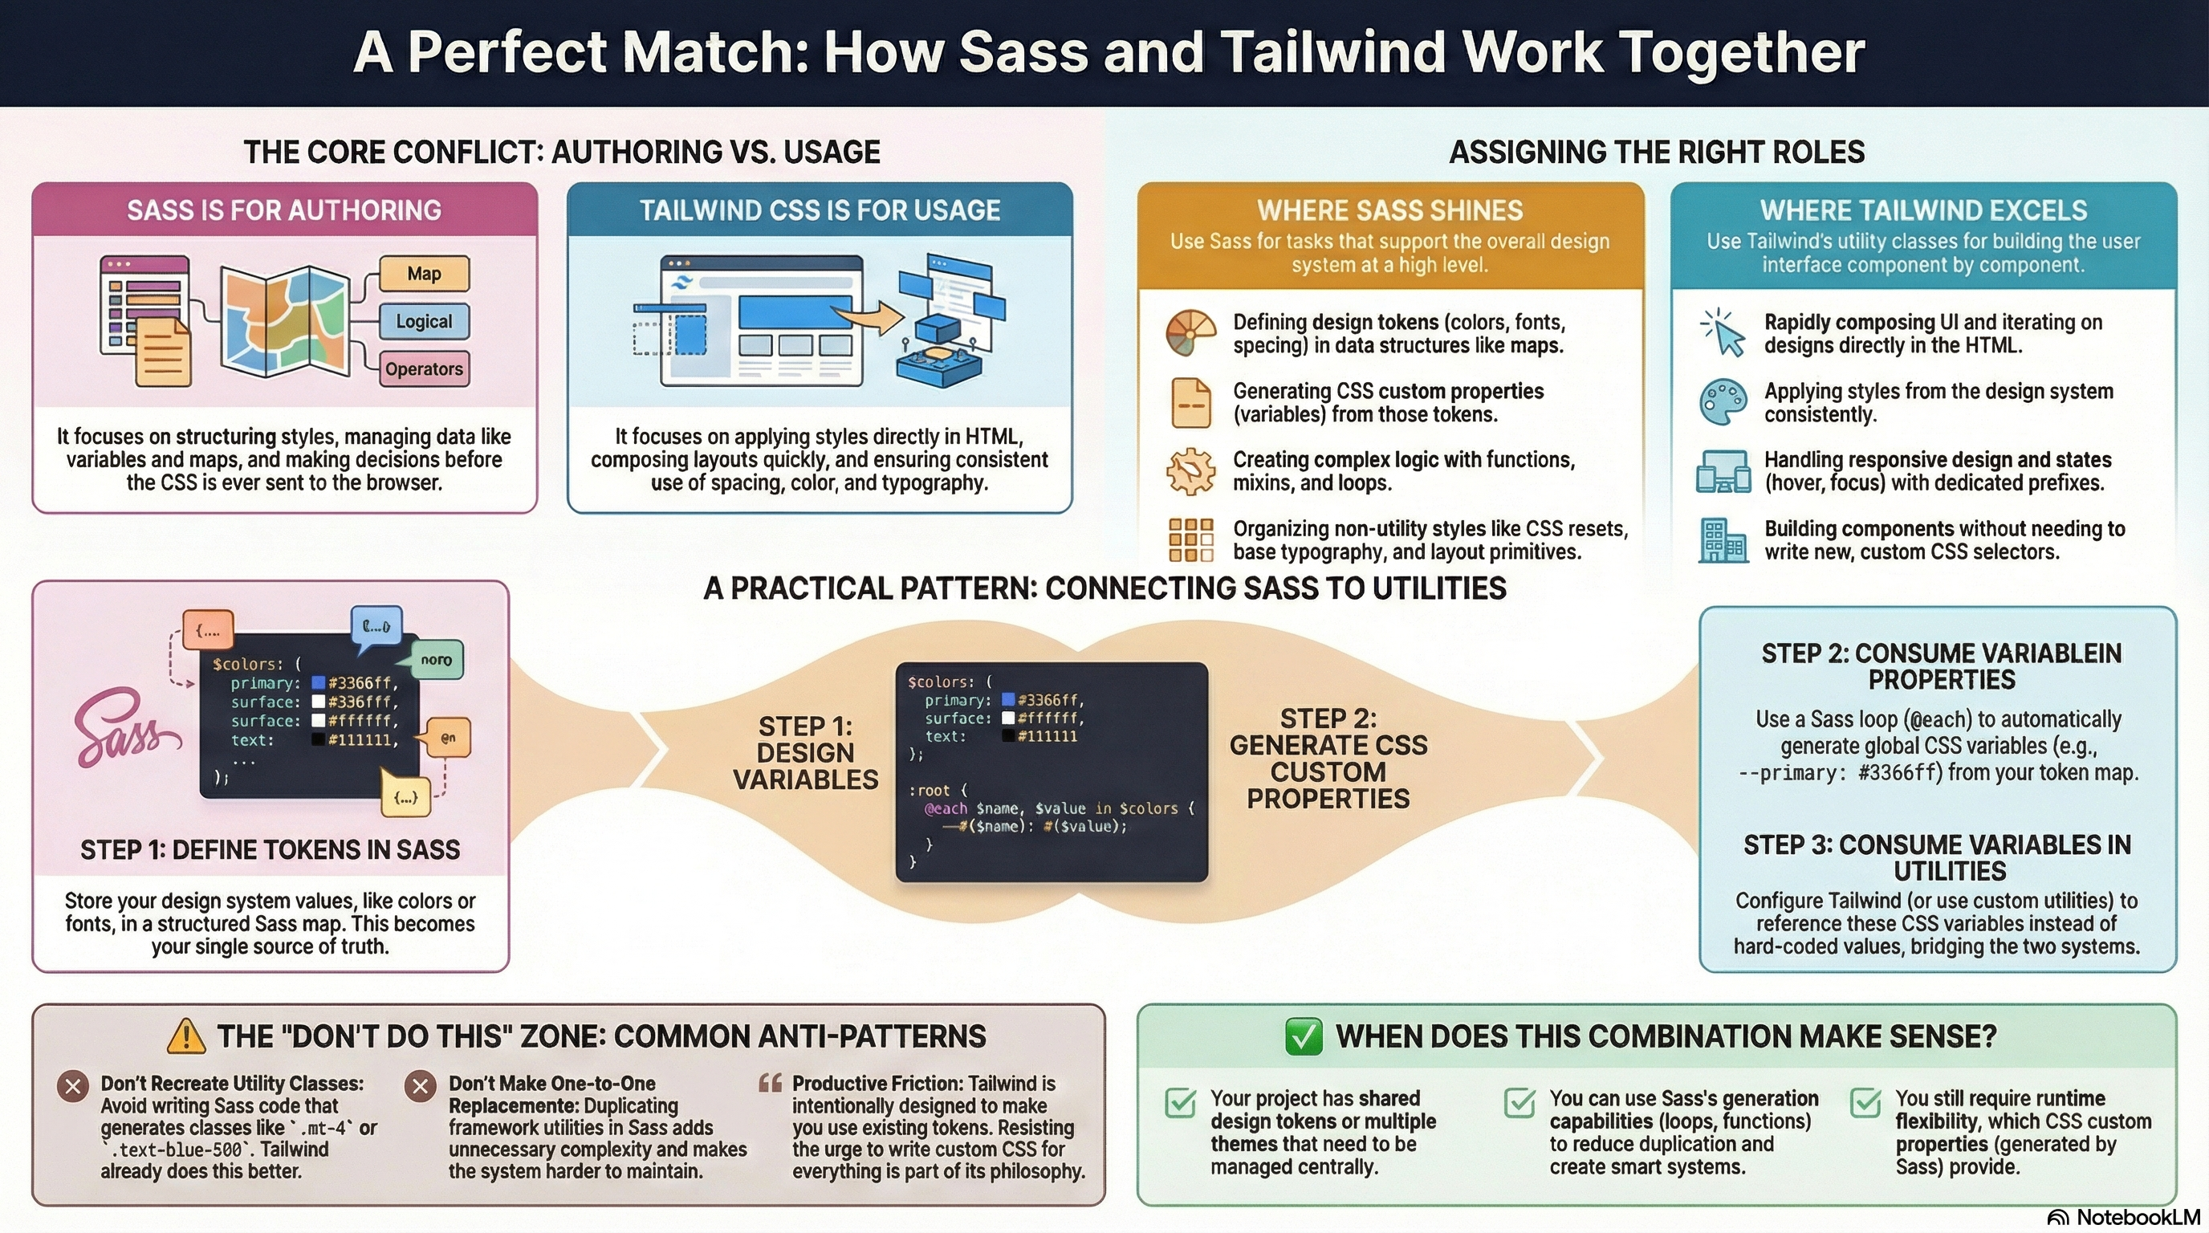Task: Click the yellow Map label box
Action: [424, 274]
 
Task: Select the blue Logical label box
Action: [424, 322]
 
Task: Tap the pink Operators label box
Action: [424, 369]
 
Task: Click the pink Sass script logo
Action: [124, 730]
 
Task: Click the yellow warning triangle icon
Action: [186, 1036]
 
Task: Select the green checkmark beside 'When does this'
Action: [1304, 1036]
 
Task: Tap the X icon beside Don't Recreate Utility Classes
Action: [73, 1086]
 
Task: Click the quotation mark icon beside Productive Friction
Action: [770, 1084]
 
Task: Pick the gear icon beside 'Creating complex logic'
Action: [1191, 471]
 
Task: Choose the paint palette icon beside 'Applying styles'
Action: [1723, 401]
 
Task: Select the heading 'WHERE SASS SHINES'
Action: [1389, 211]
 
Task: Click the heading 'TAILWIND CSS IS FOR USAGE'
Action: [820, 211]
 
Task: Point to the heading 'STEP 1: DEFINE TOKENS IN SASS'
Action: [271, 850]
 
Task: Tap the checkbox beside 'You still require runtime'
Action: [1865, 1103]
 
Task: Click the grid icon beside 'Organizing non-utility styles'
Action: [1191, 540]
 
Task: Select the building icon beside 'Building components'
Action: [1723, 541]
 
